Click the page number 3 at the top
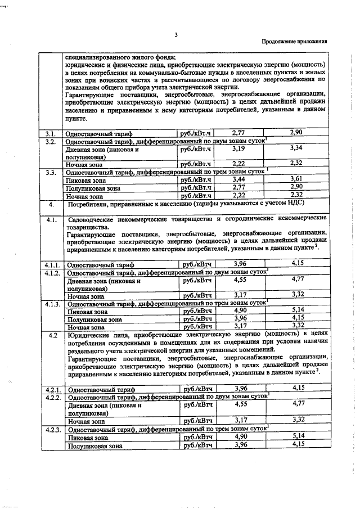(x=175, y=35)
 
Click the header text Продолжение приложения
(x=295, y=42)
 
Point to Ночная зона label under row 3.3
(x=84, y=197)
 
